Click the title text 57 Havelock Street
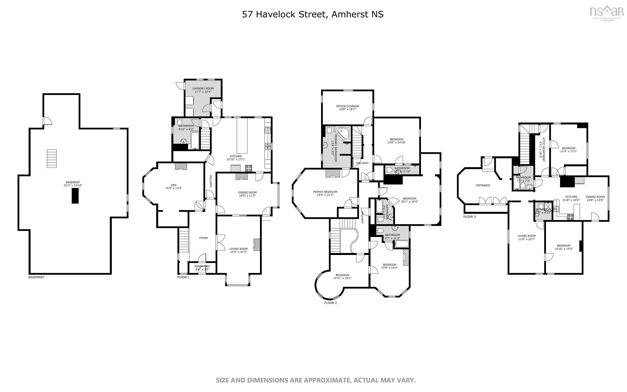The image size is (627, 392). (283, 14)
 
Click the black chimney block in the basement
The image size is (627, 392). (75, 196)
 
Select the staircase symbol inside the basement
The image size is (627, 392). (52, 158)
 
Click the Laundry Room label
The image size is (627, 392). (203, 90)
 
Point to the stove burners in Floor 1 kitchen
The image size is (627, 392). (249, 168)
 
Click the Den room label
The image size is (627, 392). (174, 187)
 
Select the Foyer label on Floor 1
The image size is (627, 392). (203, 238)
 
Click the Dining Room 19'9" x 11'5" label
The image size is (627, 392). (247, 194)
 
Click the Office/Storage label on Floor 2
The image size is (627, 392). (347, 108)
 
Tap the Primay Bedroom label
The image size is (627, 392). (325, 193)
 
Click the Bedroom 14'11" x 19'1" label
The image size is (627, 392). (342, 276)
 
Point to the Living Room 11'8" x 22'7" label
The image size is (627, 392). (526, 237)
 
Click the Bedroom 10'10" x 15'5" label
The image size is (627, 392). (564, 247)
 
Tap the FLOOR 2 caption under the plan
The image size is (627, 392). (330, 302)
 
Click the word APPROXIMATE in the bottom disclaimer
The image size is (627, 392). (327, 380)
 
